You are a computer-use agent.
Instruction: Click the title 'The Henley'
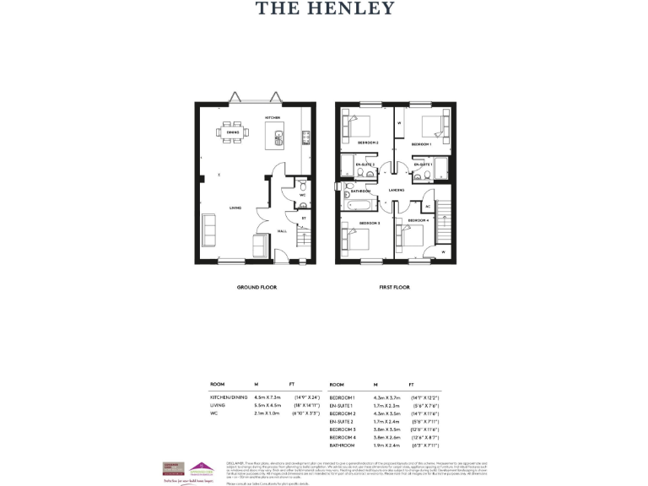[324, 9]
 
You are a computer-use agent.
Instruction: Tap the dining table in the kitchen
[232, 132]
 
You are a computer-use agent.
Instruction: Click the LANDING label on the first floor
[397, 191]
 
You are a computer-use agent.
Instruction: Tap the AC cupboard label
[428, 206]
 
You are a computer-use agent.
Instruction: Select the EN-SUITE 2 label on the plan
[364, 164]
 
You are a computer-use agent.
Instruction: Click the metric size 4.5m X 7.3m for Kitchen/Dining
[267, 397]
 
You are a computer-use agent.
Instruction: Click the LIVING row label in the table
[219, 405]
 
